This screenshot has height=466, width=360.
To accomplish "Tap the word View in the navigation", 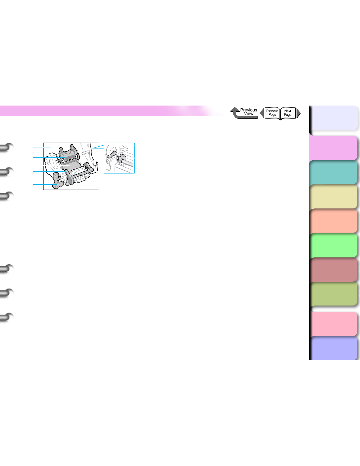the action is point(249,114).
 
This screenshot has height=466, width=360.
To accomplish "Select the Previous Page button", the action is point(272,113).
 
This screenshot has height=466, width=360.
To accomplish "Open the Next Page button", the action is point(288,113).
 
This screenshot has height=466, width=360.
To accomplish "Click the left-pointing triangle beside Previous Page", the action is point(262,113).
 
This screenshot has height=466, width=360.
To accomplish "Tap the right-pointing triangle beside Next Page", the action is point(299,113).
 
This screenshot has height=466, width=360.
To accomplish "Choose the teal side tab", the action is point(334,173).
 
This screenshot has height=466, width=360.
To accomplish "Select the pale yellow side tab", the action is point(334,197).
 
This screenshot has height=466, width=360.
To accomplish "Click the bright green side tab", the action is point(334,245).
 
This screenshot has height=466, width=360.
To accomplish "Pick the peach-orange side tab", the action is point(334,221).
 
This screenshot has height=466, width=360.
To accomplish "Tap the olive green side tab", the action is point(334,294).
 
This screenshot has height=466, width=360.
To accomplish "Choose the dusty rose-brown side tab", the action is point(334,270).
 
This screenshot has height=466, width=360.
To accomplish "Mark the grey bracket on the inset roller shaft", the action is point(121,158).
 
